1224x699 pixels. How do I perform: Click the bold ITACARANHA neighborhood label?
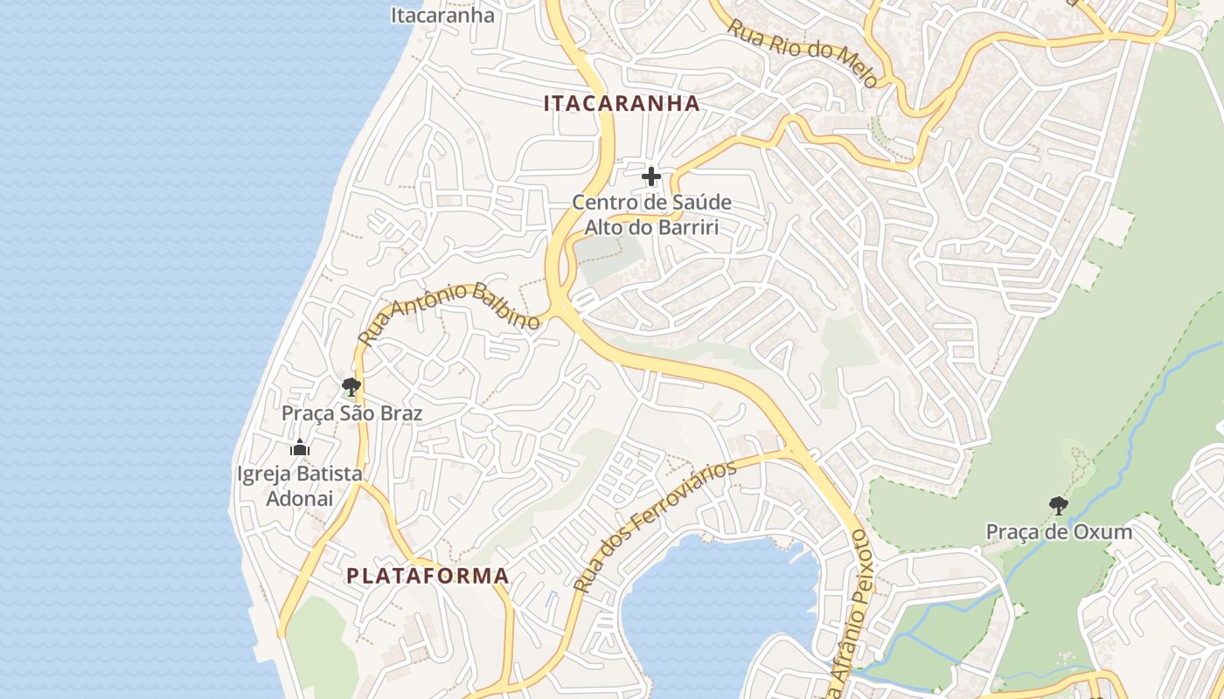pos(622,103)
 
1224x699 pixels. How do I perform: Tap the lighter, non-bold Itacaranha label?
pos(442,15)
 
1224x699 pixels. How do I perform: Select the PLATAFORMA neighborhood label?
pos(428,576)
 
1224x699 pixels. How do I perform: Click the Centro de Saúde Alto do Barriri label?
pos(651,215)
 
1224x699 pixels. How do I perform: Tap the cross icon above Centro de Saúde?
pos(650,177)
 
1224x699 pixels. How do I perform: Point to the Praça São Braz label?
pos(351,412)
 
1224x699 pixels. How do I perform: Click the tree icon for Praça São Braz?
pos(351,386)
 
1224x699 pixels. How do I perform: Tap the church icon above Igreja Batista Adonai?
pos(300,449)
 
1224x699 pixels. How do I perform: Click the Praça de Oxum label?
pos(1059,531)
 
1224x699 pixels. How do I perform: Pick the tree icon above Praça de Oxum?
pos(1058,505)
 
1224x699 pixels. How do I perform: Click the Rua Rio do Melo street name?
pos(803,53)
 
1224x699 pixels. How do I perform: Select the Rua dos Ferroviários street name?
pos(656,524)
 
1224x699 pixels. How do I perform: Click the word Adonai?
pos(299,498)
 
